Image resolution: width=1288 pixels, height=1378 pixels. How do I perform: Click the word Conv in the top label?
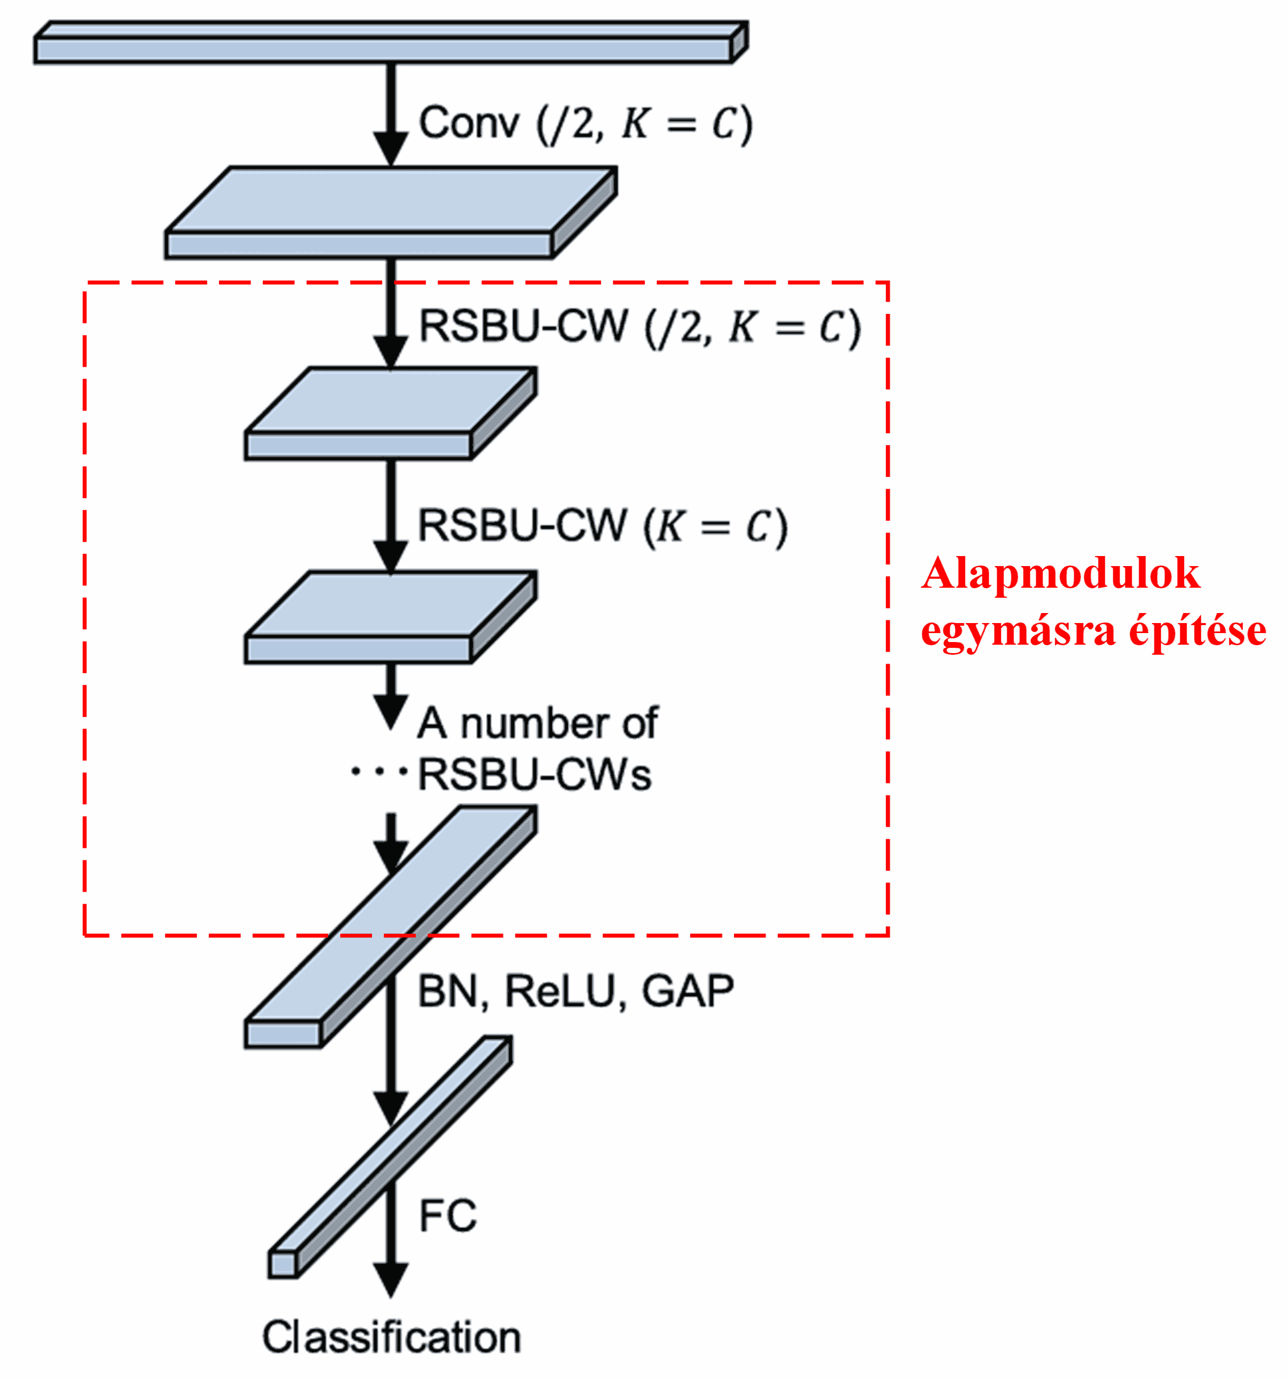click(468, 123)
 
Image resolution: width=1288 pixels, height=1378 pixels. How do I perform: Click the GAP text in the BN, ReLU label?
click(687, 991)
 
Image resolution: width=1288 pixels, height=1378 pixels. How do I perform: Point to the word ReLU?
click(560, 991)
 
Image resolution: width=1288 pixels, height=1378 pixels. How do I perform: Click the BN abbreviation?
click(448, 991)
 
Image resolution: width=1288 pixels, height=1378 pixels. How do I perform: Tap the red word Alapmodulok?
click(1061, 574)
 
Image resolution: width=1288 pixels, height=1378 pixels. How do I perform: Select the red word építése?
click(1198, 631)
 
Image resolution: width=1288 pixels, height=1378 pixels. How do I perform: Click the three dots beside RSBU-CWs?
click(378, 771)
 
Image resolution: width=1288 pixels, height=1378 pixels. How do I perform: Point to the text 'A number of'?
click(537, 724)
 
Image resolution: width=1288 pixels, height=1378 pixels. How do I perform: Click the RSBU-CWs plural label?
click(535, 775)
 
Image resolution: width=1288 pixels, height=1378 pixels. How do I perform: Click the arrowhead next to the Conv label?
click(391, 148)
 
